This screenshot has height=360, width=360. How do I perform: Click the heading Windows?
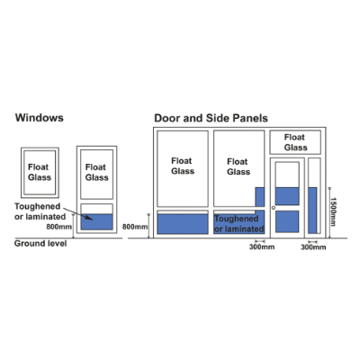(x=40, y=118)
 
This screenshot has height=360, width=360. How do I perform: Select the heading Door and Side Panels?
(x=211, y=118)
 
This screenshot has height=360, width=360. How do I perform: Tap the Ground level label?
(x=40, y=243)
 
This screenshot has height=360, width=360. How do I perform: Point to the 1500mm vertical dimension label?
(x=333, y=211)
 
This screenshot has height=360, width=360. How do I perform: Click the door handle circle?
(x=274, y=208)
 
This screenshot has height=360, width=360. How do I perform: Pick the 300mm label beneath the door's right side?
(x=313, y=247)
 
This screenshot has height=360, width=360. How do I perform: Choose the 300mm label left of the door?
(x=262, y=247)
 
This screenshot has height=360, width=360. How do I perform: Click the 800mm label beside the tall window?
(x=58, y=227)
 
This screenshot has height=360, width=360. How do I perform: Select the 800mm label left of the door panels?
(x=135, y=227)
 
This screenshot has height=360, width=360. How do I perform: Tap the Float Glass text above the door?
(x=295, y=142)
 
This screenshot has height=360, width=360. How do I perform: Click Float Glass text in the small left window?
(x=40, y=172)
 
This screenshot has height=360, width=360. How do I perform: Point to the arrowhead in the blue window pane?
(x=89, y=218)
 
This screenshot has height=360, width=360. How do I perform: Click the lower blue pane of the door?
(x=287, y=221)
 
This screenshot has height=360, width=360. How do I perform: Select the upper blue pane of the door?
(x=287, y=196)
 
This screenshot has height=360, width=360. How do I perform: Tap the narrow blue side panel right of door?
(x=312, y=211)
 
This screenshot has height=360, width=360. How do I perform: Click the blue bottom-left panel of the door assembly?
(x=183, y=224)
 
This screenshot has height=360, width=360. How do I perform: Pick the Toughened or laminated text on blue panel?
(x=238, y=224)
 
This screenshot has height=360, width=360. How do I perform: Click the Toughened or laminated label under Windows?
(x=40, y=211)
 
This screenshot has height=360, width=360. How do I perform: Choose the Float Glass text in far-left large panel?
(x=183, y=166)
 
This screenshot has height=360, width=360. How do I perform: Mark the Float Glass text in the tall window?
(x=96, y=172)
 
